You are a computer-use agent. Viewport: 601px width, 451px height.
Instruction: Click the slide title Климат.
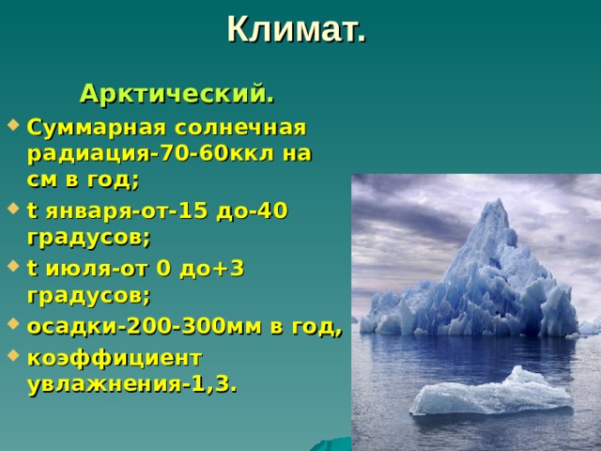click(296, 29)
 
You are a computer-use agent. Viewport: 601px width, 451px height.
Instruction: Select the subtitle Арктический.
click(177, 94)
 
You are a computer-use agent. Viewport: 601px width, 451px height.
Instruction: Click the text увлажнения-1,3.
click(132, 383)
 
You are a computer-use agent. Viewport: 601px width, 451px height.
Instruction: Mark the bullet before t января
click(10, 210)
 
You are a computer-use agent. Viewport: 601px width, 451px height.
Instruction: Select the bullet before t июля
click(10, 269)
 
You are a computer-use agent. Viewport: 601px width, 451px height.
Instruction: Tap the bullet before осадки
click(10, 328)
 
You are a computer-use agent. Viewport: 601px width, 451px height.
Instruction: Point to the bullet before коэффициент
click(10, 357)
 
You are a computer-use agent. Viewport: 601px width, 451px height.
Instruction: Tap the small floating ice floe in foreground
click(493, 393)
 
